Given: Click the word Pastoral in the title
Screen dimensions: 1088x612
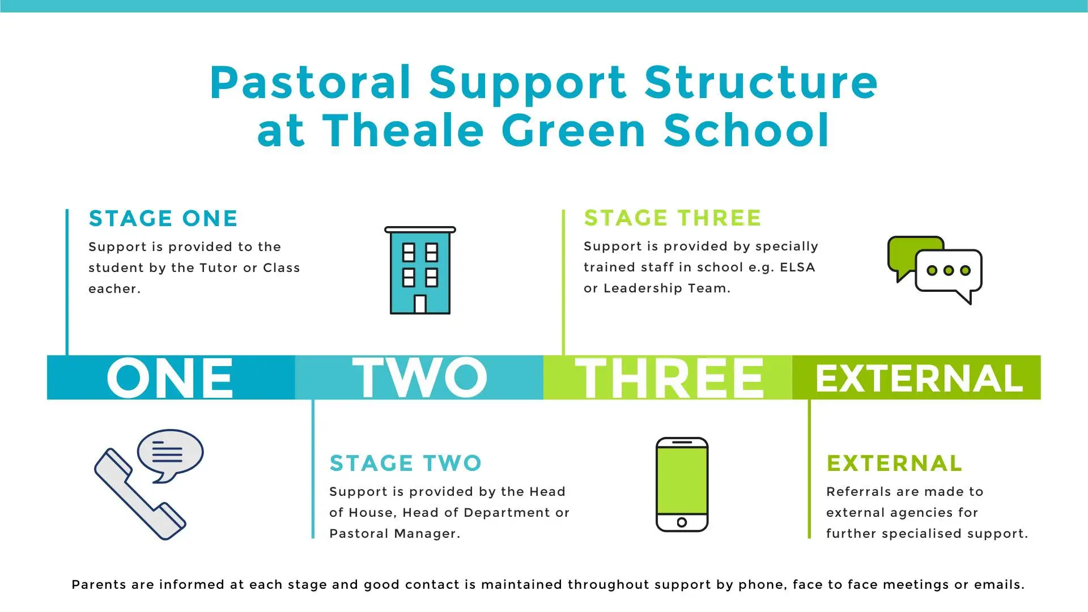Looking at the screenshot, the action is pyautogui.click(x=310, y=83).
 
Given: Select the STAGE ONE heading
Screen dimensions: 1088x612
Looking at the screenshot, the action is pyautogui.click(x=163, y=219).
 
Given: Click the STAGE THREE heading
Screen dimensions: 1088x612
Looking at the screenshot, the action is pyautogui.click(x=673, y=218).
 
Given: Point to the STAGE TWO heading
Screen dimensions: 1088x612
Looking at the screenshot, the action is pyautogui.click(x=406, y=464).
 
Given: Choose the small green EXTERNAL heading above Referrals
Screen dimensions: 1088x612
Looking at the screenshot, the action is pyautogui.click(x=894, y=464).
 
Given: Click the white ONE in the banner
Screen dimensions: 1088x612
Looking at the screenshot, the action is pyautogui.click(x=170, y=377).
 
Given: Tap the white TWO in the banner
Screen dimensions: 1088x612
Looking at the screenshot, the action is pyautogui.click(x=419, y=377).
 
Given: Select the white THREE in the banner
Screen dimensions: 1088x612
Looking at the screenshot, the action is pyautogui.click(x=669, y=377).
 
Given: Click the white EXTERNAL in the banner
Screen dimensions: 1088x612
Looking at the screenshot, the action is pyautogui.click(x=919, y=379).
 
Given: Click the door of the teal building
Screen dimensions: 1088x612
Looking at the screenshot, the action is pyautogui.click(x=420, y=304).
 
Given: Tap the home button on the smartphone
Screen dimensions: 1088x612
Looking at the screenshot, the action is pyautogui.click(x=682, y=522).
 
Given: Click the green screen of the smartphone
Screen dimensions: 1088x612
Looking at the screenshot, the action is pyautogui.click(x=682, y=481).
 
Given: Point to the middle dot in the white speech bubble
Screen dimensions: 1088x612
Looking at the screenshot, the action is pyautogui.click(x=949, y=271).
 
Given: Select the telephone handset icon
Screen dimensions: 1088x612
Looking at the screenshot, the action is pyautogui.click(x=139, y=494).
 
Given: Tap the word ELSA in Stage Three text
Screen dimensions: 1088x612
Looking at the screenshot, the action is pyautogui.click(x=797, y=267).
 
